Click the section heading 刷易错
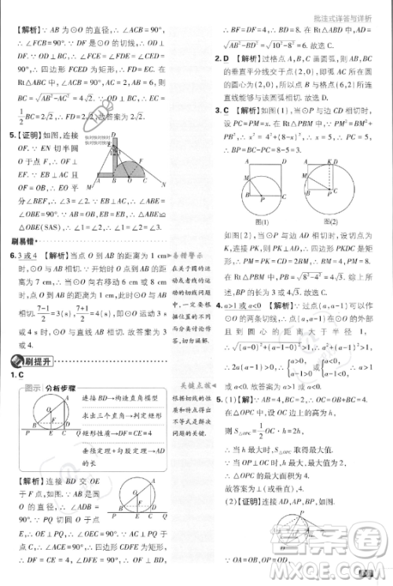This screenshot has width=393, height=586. coord(23,242)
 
